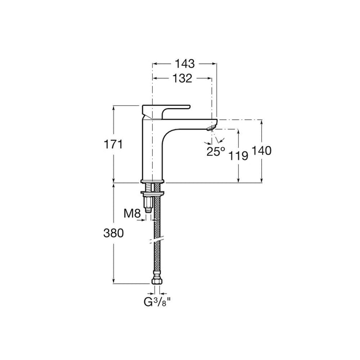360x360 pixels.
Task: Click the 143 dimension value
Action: [x=184, y=64]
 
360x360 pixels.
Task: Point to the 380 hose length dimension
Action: [x=114, y=233]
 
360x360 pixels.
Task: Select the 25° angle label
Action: [x=216, y=151]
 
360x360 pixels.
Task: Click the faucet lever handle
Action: [x=165, y=108]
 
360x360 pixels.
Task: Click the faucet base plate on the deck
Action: [x=152, y=181]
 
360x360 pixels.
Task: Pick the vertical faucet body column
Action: [x=152, y=149]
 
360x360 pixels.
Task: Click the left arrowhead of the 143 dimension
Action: [x=154, y=64]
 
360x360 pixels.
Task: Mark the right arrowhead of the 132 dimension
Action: [x=209, y=78]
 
